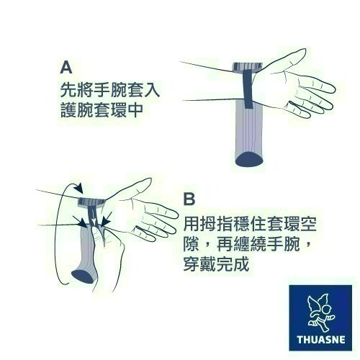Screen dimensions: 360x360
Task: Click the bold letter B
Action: click(190, 198)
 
